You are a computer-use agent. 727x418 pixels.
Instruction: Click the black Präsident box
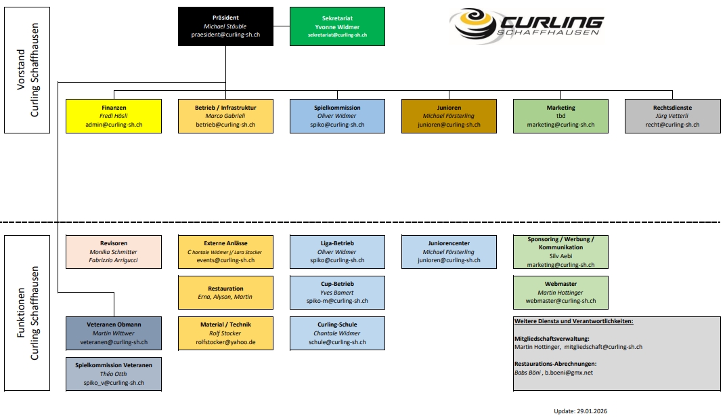225,26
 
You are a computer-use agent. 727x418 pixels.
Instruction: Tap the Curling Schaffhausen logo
525,26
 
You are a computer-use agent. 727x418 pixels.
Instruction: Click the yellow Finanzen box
114,116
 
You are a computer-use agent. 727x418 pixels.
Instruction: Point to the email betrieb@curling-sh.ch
225,125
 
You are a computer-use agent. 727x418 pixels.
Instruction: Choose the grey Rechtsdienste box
672,116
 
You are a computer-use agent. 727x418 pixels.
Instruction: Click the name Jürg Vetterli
672,116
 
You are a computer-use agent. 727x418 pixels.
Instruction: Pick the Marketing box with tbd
560,116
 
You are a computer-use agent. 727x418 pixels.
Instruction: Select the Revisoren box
114,251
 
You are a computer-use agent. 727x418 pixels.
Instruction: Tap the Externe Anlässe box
225,251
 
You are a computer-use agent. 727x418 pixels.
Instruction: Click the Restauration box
225,293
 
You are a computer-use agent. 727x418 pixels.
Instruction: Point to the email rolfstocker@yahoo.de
225,342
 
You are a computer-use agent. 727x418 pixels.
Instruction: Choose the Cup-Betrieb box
337,293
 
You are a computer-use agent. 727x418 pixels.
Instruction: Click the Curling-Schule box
337,333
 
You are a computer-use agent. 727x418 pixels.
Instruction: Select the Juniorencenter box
449,251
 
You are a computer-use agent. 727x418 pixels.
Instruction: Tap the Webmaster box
560,293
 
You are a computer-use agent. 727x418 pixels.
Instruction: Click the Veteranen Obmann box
114,333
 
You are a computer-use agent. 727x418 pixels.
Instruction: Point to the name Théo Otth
114,374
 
